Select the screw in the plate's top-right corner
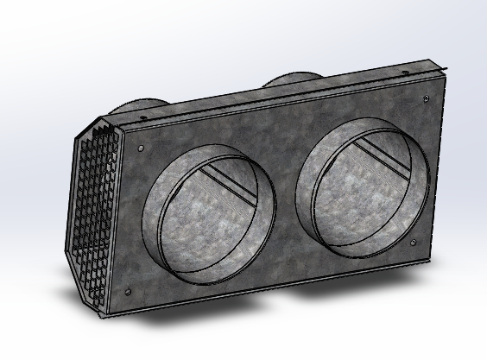[x=429, y=98]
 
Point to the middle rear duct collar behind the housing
[x=289, y=81]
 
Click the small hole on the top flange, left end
[x=111, y=120]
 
